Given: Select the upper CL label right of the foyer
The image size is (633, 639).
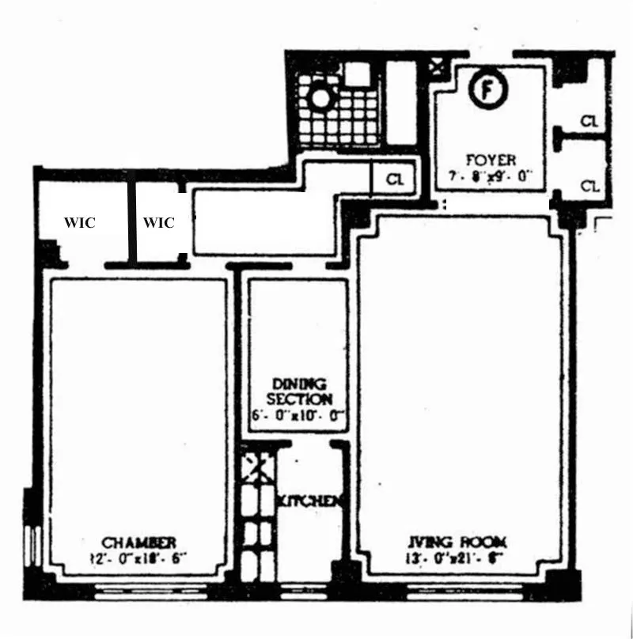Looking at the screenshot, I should [589, 121].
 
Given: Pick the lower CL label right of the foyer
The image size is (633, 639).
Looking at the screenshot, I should [589, 186].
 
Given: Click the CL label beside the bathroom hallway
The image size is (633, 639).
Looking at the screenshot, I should [395, 180].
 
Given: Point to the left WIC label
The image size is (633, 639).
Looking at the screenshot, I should [79, 223].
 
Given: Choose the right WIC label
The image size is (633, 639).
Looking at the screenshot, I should [158, 223].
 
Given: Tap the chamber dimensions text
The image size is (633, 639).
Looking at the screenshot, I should [138, 558].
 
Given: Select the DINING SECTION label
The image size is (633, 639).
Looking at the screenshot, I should [299, 391].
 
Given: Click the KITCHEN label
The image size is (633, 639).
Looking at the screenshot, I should [310, 501].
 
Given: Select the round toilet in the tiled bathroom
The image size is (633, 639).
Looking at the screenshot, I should [321, 99].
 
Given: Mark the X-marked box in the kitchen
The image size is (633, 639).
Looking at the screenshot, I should [257, 466].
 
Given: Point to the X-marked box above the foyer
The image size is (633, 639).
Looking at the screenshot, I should [436, 66].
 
